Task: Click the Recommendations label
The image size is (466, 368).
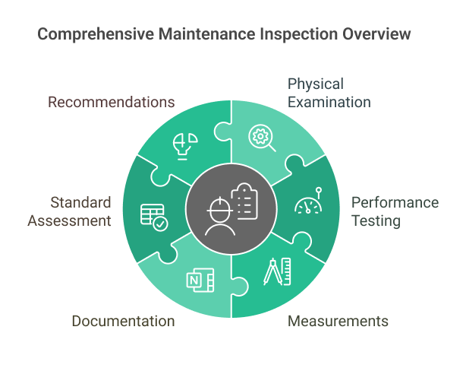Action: tap(112, 101)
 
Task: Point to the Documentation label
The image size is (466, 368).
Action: tap(123, 321)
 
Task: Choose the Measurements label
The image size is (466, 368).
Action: tap(338, 321)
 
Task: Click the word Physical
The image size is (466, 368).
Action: tap(315, 83)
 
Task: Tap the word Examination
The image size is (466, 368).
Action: tap(329, 101)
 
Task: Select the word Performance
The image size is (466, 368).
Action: tap(395, 202)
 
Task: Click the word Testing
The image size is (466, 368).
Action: tap(375, 220)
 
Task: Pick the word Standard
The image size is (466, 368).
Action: tap(80, 202)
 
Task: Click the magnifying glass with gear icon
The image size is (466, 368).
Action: tap(263, 138)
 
